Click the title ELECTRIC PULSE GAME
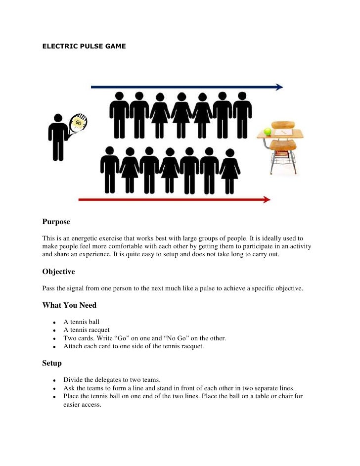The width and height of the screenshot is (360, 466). click(x=84, y=47)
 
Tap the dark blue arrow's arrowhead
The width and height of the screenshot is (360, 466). click(x=280, y=87)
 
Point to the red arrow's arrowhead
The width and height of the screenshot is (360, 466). click(x=267, y=200)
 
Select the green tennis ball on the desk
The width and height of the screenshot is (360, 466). click(x=268, y=131)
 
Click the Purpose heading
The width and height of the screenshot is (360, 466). click(x=56, y=222)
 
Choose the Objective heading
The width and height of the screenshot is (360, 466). click(x=58, y=272)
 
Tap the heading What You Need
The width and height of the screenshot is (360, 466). click(x=69, y=305)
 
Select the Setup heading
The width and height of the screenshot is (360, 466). click(x=52, y=363)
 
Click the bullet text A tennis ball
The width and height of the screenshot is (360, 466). click(x=82, y=322)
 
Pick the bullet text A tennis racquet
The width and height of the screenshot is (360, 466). click(x=87, y=330)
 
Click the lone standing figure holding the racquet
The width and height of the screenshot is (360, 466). click(x=58, y=137)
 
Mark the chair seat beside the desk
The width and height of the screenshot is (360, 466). click(x=283, y=145)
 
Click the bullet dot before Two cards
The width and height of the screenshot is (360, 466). click(x=53, y=338)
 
